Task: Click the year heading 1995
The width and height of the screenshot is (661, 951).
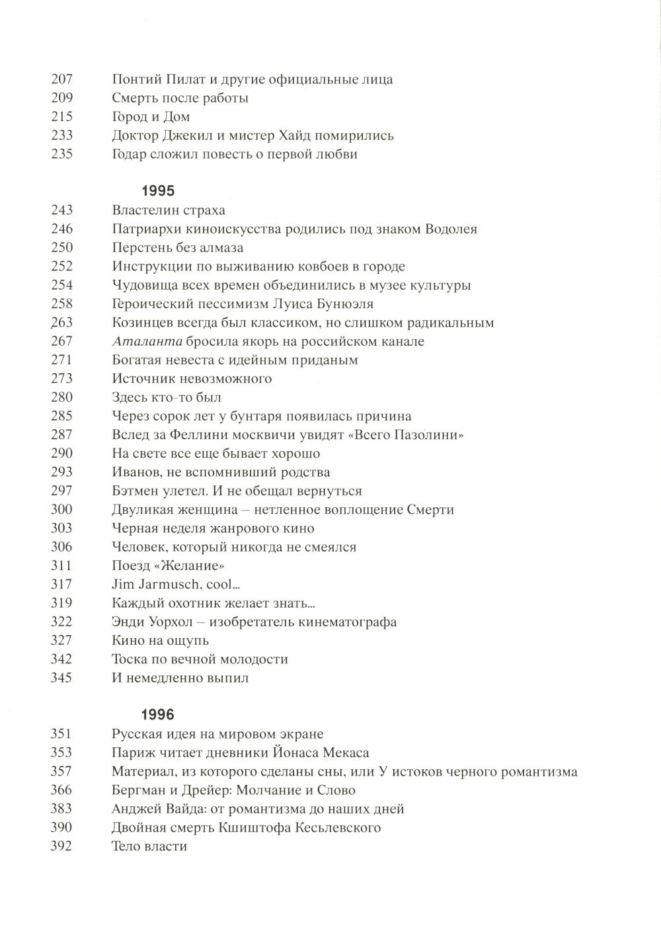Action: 158,191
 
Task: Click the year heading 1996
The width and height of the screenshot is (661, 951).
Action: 158,715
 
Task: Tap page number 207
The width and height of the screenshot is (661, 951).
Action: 61,79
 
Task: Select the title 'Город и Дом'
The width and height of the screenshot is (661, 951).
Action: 151,117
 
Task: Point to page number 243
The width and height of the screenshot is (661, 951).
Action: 61,210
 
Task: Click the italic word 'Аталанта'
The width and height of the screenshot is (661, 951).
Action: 137,342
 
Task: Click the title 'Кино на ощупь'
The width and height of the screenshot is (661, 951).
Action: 160,641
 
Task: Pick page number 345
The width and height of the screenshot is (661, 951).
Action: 61,678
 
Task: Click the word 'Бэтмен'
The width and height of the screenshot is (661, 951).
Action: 134,491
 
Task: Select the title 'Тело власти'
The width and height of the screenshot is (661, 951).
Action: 149,847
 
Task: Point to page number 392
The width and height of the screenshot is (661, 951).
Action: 61,847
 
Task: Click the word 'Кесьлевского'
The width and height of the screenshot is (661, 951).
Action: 338,828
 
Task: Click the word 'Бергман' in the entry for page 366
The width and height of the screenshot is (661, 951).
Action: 136,790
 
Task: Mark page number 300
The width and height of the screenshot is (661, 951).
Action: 61,510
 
